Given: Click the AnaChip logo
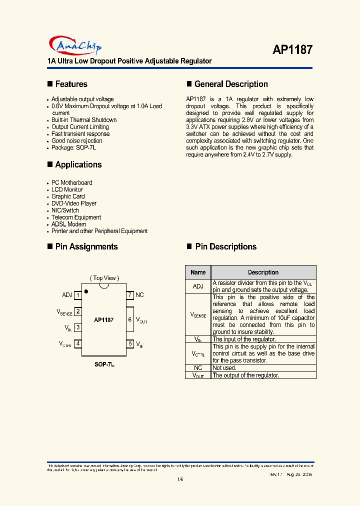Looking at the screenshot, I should (x=74, y=46).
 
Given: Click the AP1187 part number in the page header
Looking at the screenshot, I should (x=292, y=49).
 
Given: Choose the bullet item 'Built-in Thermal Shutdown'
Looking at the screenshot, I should (x=84, y=120).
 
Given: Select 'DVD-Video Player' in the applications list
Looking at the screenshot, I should (x=74, y=203).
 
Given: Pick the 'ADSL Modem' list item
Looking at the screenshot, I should (x=68, y=224).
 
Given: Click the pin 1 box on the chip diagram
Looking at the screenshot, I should (x=78, y=295).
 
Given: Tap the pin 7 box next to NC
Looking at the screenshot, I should (x=129, y=295).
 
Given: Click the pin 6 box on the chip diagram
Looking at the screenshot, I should (x=129, y=319).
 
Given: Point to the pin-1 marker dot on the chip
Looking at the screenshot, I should (x=86, y=291).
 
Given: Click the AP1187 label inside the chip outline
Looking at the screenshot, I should (x=103, y=319).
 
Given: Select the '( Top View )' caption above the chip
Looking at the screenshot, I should (x=104, y=278).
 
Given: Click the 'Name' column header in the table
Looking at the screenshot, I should (x=198, y=272).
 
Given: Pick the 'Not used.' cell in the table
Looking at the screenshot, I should (x=224, y=367).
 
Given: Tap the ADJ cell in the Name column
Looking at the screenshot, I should (x=198, y=286).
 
